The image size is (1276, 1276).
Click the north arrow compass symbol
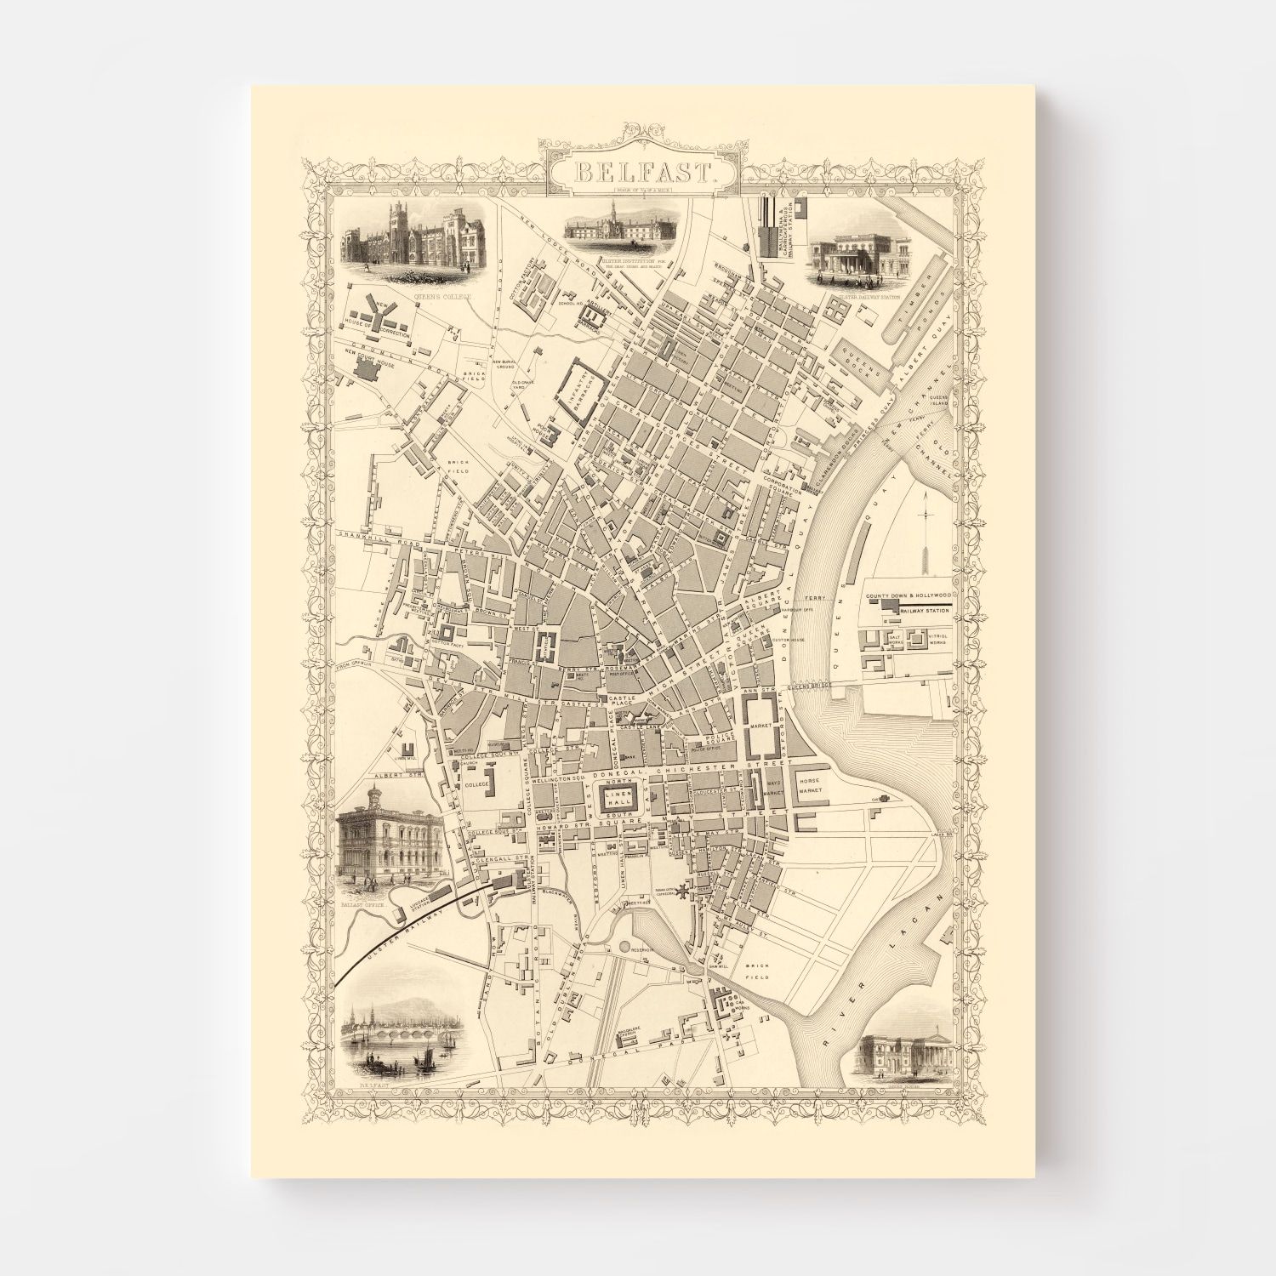925,544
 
